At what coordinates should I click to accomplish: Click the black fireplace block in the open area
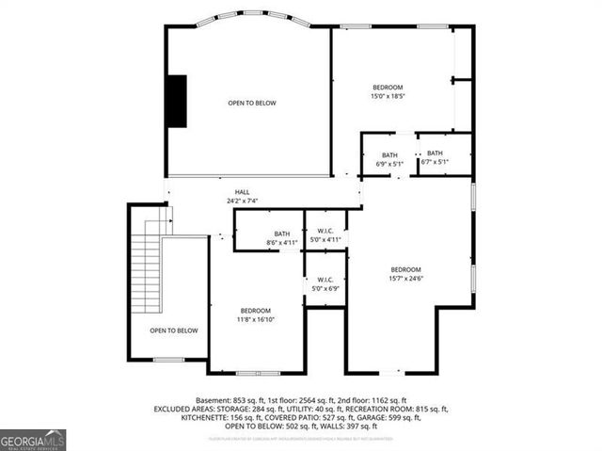176,100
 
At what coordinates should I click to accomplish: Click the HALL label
242,191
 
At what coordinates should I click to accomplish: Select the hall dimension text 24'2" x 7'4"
242,201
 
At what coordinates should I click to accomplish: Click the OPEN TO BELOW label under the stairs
174,330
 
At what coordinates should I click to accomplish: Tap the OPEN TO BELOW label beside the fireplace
252,103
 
